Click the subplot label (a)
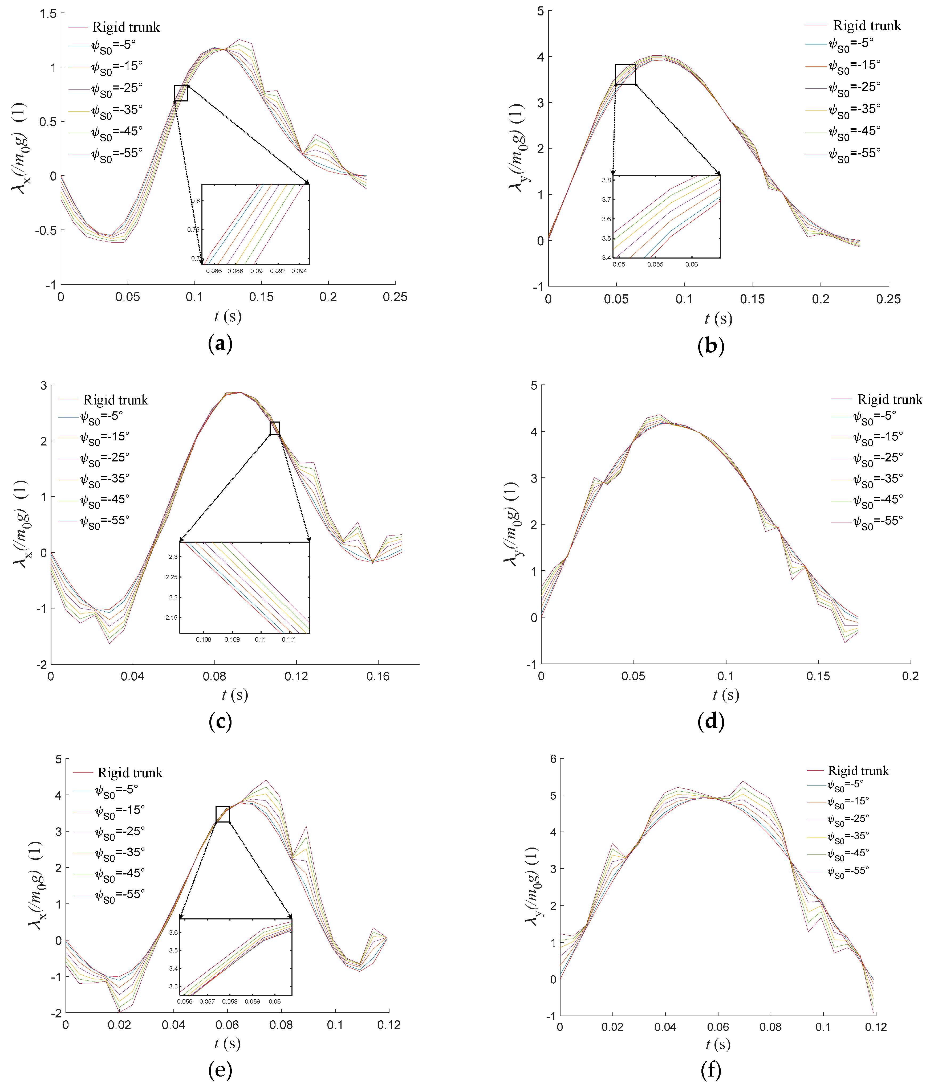220,344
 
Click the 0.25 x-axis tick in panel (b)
888,299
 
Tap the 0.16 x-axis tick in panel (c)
378,676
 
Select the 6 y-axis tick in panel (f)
553,759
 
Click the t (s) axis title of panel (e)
227,1043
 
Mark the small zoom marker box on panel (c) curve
274,428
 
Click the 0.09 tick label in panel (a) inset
256,271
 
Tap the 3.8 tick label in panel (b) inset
606,180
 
